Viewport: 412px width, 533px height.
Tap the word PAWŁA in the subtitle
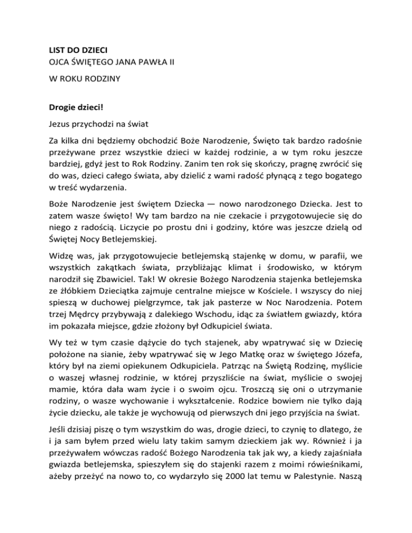pos(142,68)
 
